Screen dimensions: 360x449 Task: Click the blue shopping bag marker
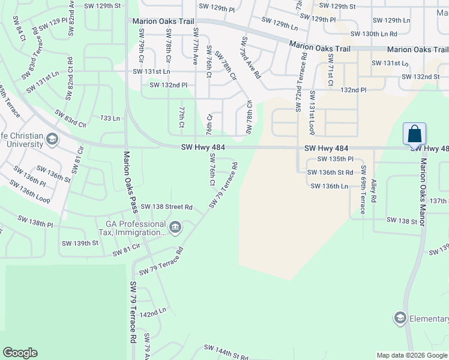(x=415, y=134)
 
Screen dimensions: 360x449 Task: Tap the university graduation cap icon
(x=52, y=140)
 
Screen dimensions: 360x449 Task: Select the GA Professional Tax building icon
(x=175, y=227)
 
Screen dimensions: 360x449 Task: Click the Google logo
(x=20, y=353)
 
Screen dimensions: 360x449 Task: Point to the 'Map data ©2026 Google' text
(x=412, y=355)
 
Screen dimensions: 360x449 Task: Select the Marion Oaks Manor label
(x=423, y=193)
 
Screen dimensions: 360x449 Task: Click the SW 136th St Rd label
(x=330, y=172)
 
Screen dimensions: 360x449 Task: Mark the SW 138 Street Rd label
(x=167, y=207)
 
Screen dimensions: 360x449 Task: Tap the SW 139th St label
(x=80, y=243)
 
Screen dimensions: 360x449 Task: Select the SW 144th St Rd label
(x=226, y=352)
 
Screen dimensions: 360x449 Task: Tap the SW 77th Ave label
(x=196, y=45)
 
